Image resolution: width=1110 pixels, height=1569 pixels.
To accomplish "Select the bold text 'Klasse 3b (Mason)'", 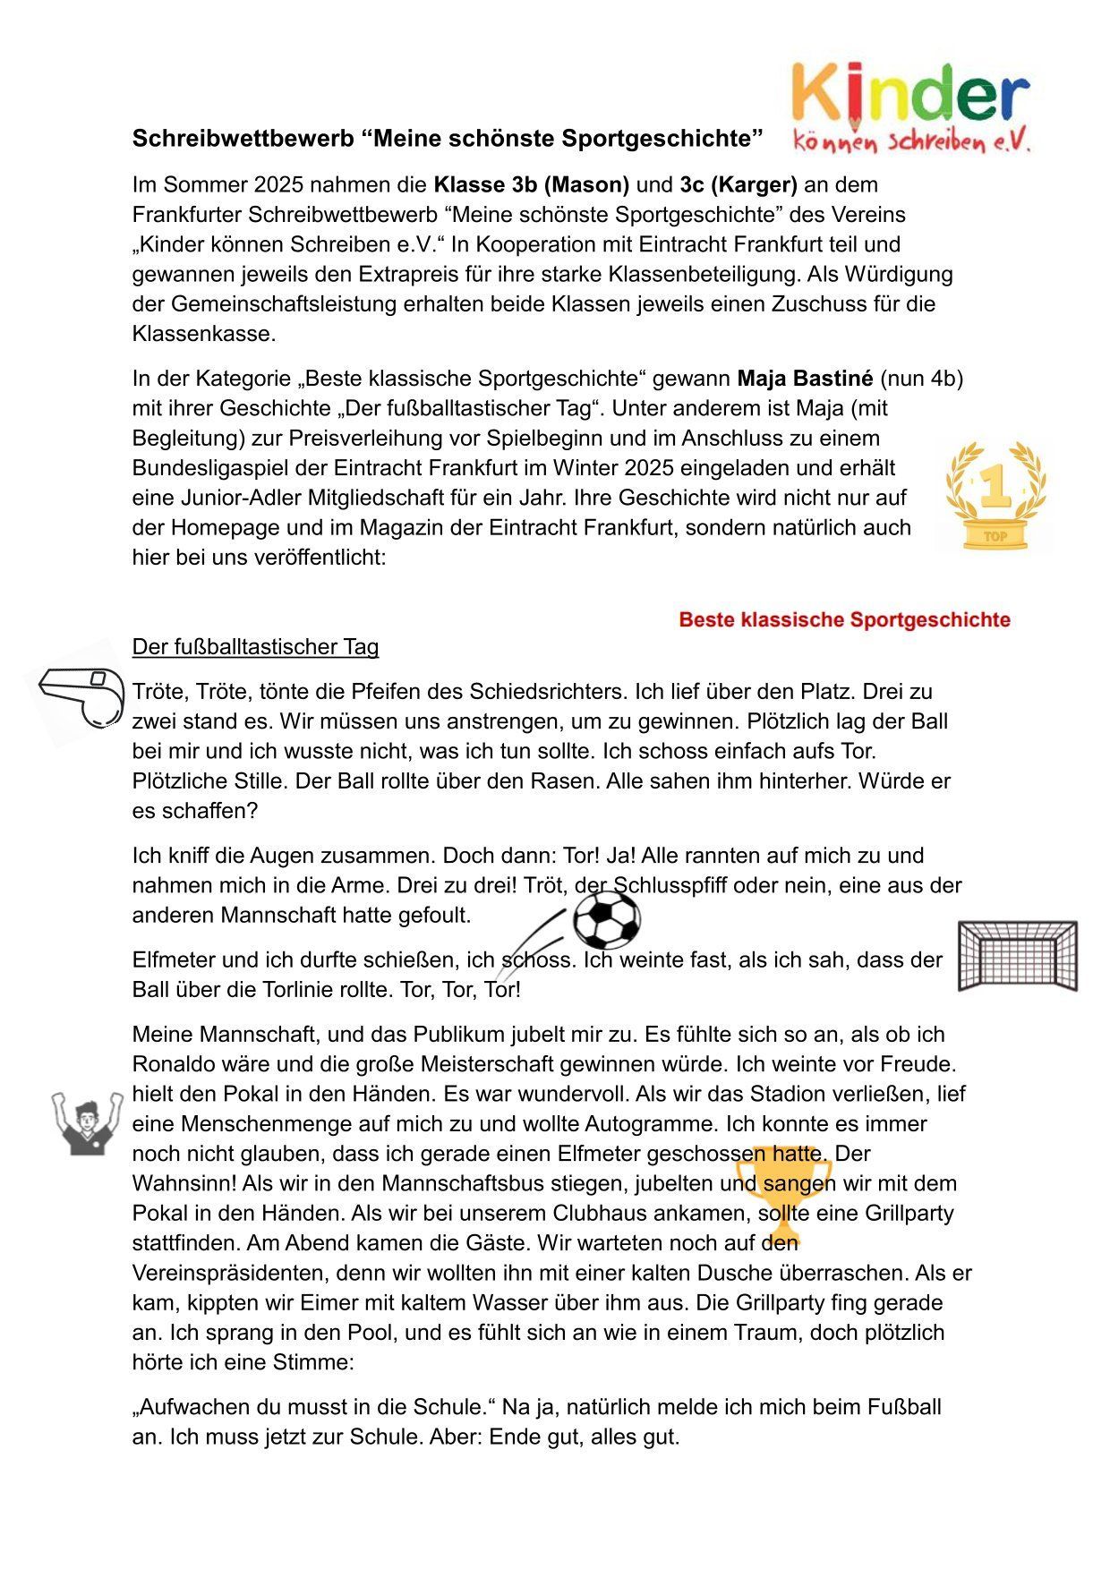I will tap(531, 185).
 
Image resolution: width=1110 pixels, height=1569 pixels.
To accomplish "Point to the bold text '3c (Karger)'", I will tap(738, 185).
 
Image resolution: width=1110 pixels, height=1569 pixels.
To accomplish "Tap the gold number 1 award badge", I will tap(995, 496).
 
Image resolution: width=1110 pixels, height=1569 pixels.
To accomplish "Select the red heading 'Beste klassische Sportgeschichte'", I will tap(844, 620).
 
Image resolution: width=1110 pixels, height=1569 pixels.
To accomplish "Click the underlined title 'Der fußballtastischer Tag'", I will tap(255, 647).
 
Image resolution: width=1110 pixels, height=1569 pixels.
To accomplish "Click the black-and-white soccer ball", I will tap(607, 919).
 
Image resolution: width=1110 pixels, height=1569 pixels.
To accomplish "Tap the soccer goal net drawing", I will tap(1017, 956).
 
